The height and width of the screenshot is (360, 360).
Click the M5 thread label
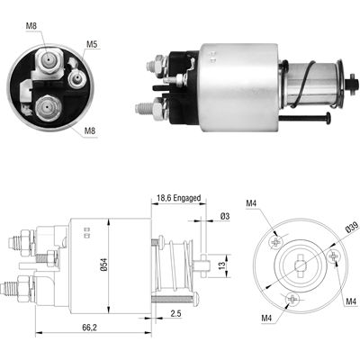pyautogui.click(x=92, y=44)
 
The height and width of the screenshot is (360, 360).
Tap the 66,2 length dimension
pyautogui.click(x=89, y=328)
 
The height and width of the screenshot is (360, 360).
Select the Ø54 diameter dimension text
pyautogui.click(x=103, y=265)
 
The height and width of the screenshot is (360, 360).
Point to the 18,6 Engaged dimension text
pyautogui.click(x=179, y=198)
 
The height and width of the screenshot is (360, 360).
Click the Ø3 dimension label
pyautogui.click(x=225, y=216)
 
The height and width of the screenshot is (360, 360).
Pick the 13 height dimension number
pyautogui.click(x=221, y=265)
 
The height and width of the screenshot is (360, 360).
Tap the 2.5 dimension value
pyautogui.click(x=175, y=313)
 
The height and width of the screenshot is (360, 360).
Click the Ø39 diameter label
pyautogui.click(x=350, y=228)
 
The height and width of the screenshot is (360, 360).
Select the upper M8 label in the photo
pyautogui.click(x=31, y=26)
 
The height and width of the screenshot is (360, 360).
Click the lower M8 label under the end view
pyautogui.click(x=90, y=130)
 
